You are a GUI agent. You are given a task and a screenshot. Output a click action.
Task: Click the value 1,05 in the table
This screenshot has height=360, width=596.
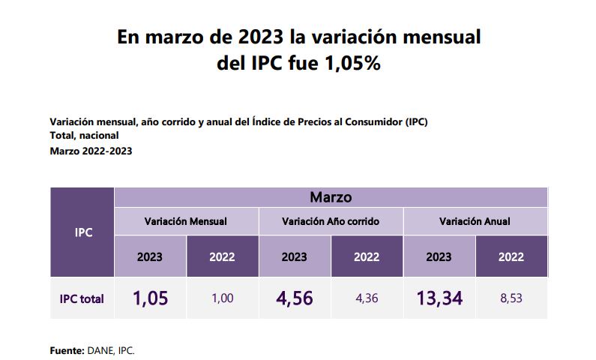(x=150, y=298)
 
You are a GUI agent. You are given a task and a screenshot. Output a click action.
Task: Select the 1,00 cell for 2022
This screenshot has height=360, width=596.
(x=222, y=298)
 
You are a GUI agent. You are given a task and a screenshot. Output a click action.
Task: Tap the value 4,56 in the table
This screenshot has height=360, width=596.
(x=294, y=298)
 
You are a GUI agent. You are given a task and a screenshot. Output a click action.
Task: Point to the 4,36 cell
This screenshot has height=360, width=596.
(x=367, y=298)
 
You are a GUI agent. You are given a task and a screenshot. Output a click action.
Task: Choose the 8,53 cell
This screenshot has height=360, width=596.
(x=511, y=298)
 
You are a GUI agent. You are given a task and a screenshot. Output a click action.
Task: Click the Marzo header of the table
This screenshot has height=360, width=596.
(x=331, y=197)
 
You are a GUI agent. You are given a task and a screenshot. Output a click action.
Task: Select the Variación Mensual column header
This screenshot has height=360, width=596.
(x=186, y=221)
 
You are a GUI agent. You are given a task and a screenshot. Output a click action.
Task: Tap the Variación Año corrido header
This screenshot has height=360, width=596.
(x=331, y=221)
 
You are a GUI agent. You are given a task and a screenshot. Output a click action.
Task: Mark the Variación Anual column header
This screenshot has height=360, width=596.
(x=475, y=221)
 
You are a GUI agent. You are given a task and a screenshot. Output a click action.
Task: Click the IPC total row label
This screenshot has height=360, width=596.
(x=82, y=298)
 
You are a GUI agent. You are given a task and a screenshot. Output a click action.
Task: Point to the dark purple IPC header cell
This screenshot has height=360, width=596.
(x=83, y=232)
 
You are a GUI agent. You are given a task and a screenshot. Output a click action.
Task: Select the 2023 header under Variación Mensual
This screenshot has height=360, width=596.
(x=150, y=256)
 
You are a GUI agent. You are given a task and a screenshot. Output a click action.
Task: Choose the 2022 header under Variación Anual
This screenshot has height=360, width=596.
(x=511, y=256)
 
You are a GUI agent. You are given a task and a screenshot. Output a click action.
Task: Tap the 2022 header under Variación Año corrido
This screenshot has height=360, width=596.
(x=367, y=256)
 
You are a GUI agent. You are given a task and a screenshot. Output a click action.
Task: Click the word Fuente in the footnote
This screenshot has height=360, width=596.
(x=66, y=350)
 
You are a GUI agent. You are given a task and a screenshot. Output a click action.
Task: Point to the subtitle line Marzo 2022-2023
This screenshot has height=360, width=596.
(x=91, y=151)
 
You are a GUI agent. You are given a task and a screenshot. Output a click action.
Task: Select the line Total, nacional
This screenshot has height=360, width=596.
(x=84, y=136)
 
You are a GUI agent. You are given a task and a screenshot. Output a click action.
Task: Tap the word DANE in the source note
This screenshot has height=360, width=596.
(x=101, y=350)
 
